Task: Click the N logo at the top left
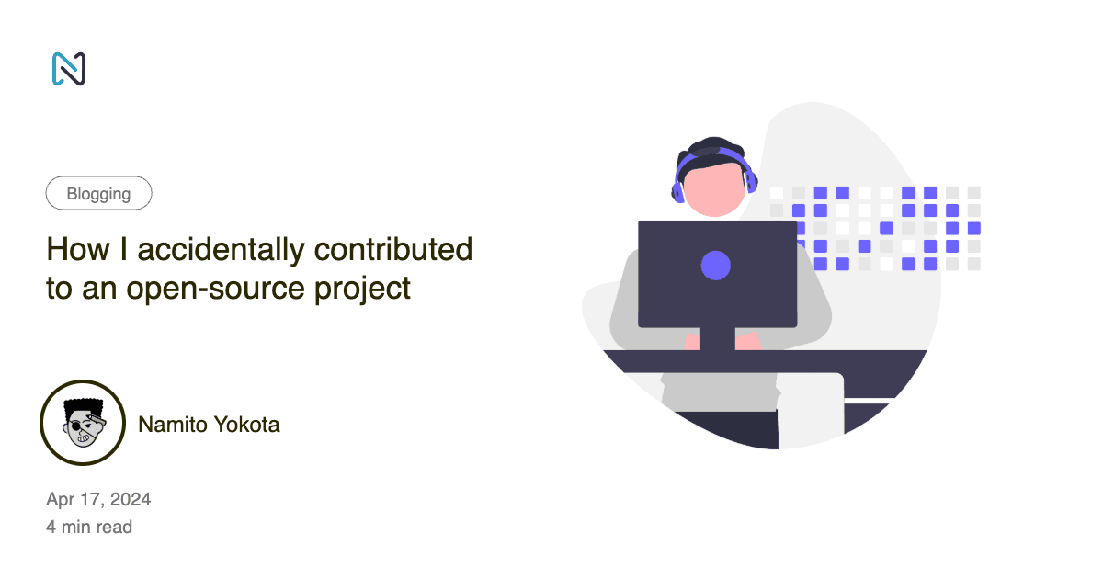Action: click(x=69, y=69)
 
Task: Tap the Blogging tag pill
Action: click(x=98, y=194)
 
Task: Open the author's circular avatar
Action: click(x=83, y=423)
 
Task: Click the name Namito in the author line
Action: click(x=170, y=425)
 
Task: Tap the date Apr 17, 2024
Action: click(x=98, y=499)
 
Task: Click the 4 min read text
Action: click(x=89, y=528)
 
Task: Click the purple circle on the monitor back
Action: click(x=715, y=267)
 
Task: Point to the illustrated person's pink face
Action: click(x=714, y=188)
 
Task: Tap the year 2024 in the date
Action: click(x=131, y=499)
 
